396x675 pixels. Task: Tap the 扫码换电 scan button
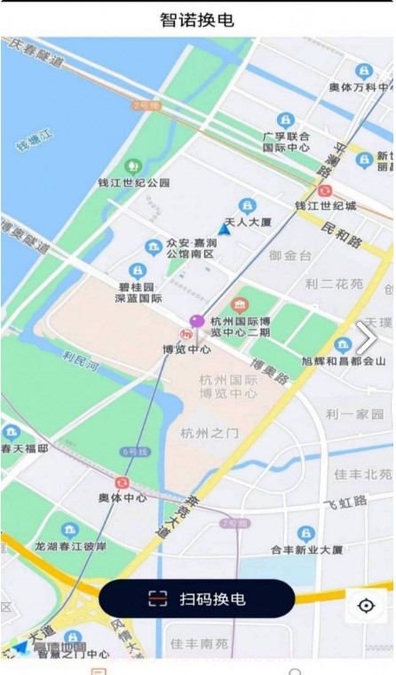coord(196,599)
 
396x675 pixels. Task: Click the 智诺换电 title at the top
coord(197,20)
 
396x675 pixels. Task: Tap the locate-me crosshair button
coord(366,606)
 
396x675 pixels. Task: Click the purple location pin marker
coord(197,321)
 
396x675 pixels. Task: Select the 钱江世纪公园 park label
coord(133,183)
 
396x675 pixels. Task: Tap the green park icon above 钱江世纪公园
coord(133,165)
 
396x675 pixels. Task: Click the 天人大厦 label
coord(248,221)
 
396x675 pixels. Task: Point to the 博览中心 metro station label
coord(186,350)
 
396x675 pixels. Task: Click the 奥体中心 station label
coord(123,498)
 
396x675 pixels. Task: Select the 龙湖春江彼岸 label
coord(70,545)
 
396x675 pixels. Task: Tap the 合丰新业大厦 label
coord(306,550)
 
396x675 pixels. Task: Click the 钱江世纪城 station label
coord(325,205)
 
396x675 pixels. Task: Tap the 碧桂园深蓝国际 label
coord(138,293)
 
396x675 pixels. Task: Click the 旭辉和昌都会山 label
coord(345,361)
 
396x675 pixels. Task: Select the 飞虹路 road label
coord(345,502)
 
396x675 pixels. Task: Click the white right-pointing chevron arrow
coord(366,337)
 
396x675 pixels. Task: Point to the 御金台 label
coord(290,255)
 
